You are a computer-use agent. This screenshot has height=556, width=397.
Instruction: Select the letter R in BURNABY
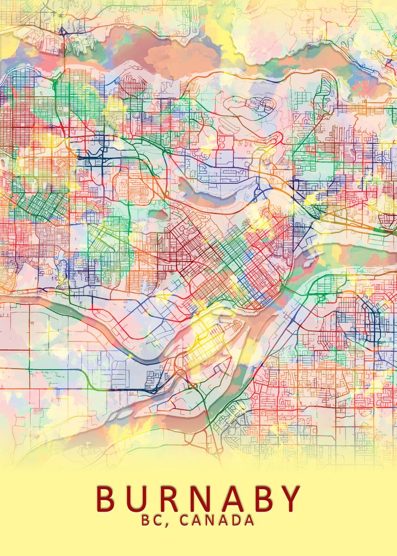[x=171, y=498]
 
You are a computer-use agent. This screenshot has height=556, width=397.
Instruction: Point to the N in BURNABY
[x=205, y=498]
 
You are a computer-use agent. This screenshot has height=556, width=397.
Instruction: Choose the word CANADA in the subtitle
[x=217, y=520]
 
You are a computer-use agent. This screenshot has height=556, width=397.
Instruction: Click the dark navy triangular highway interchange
[x=62, y=32]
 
